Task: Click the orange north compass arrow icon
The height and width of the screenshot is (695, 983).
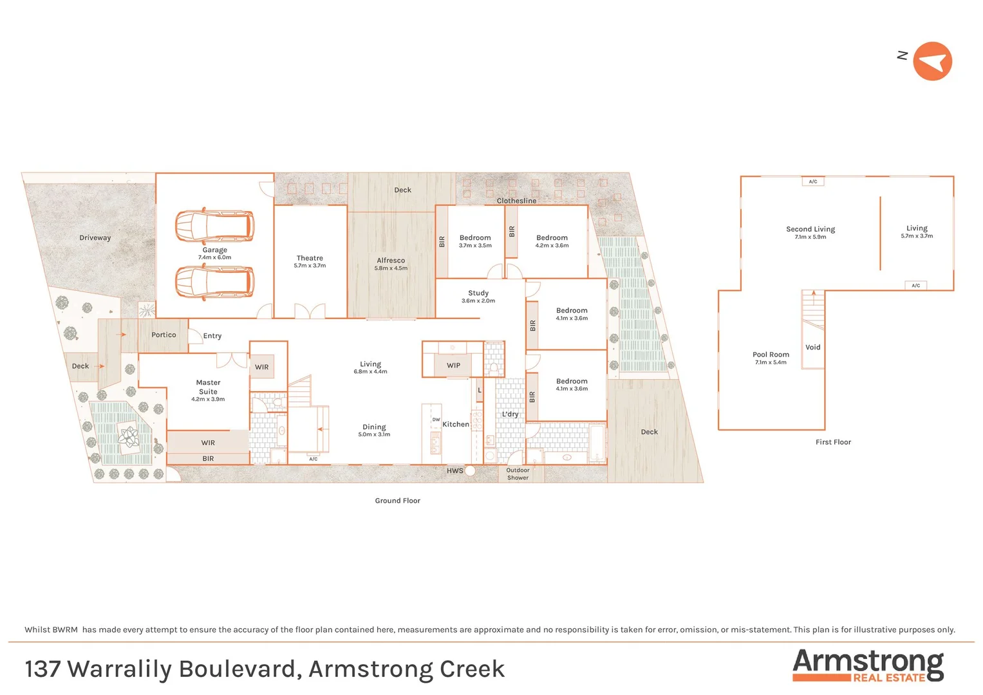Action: [932, 61]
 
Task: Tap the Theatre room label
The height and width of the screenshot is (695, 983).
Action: [310, 258]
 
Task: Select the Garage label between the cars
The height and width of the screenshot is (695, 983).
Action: [214, 250]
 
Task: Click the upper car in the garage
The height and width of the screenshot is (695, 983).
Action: [214, 225]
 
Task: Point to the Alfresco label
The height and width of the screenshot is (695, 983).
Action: [391, 261]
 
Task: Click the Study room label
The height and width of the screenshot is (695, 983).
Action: [478, 293]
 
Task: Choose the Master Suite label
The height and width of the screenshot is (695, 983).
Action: [208, 387]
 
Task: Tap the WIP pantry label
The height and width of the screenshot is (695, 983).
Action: [453, 366]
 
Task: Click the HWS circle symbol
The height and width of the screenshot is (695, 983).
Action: [471, 471]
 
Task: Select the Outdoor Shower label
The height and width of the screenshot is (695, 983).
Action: [518, 474]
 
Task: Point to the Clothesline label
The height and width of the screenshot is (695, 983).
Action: [516, 201]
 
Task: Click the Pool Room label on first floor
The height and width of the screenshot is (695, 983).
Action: [771, 355]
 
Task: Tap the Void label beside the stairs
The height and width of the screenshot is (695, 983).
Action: [813, 347]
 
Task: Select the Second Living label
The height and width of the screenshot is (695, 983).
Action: [810, 229]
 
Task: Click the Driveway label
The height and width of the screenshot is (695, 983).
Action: [95, 238]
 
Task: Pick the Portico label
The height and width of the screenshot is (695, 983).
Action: [164, 335]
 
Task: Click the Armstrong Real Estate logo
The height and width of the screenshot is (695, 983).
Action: [868, 665]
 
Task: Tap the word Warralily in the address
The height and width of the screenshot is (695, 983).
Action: [120, 669]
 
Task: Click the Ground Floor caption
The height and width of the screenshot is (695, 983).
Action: [397, 501]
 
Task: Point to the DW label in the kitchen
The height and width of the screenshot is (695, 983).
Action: [436, 420]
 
